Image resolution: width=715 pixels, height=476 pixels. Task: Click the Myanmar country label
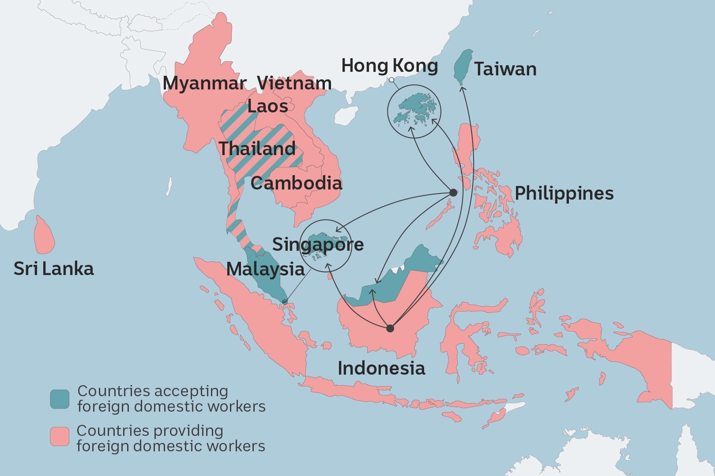pos(204,83)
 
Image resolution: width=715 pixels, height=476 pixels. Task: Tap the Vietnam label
pos(294,83)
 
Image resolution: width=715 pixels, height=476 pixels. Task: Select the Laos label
pos(267,106)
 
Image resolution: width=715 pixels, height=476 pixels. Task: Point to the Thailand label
pos(257,149)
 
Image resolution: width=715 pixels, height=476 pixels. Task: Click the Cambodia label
pos(296,183)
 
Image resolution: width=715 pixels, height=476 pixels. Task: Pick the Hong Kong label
pos(390,66)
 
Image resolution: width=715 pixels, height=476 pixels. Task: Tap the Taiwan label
pos(505,69)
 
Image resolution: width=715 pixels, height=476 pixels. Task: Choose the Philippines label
pos(564,193)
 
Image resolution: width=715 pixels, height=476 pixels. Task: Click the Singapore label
pos(318,244)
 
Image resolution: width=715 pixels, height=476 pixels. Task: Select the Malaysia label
pos(265,269)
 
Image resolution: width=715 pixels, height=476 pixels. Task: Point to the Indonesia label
pos(381,368)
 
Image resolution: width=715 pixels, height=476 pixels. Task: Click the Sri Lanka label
pos(54,268)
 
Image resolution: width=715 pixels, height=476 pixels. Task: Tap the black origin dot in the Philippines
pos(453,193)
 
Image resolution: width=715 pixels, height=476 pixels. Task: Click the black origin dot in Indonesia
pos(390,328)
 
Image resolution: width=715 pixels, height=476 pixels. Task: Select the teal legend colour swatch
pos(60,399)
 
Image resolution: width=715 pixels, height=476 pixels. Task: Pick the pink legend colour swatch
pos(60,436)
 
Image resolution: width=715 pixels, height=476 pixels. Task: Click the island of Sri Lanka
pos(44,236)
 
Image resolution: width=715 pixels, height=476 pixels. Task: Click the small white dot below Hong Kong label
pos(391,80)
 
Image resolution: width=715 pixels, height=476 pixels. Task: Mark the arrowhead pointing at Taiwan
pos(462,89)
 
